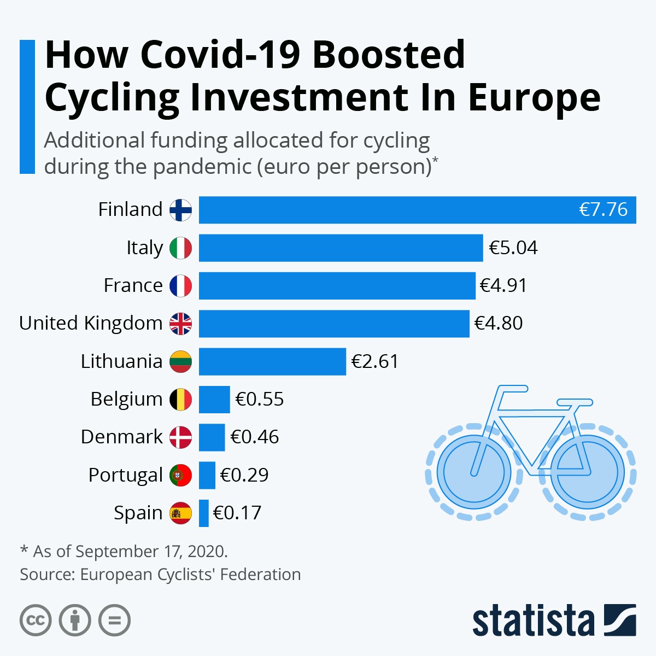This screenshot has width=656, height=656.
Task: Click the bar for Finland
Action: (383, 210)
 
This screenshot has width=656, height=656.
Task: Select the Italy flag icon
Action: (180, 248)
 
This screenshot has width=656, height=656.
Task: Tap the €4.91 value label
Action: (503, 285)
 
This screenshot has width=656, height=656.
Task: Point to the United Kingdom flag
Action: (180, 324)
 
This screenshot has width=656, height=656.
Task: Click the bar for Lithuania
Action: (272, 361)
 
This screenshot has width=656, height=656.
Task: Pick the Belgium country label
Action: (126, 399)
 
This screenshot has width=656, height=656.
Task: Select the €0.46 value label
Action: (255, 437)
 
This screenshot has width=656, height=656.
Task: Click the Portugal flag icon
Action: (180, 475)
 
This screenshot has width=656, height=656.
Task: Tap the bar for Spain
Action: (203, 513)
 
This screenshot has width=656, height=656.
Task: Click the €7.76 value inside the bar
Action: (603, 209)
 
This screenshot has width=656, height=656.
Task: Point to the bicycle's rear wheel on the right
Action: (588, 471)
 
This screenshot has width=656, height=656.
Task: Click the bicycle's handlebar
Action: (511, 389)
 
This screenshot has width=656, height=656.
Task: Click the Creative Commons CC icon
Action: (36, 620)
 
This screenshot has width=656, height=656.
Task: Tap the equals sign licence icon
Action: (114, 620)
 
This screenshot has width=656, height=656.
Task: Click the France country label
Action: (133, 285)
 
